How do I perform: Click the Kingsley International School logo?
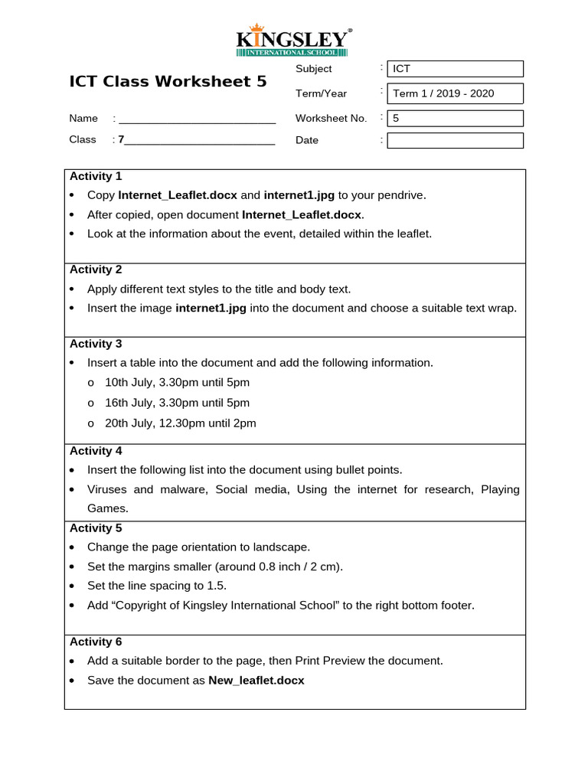pos(294,41)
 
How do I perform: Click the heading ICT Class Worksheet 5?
pos(168,81)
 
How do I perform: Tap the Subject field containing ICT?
pos(455,69)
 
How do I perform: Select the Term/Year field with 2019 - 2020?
pos(455,93)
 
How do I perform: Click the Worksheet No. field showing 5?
pos(455,118)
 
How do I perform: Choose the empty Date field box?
pos(455,140)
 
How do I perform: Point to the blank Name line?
pos(197,119)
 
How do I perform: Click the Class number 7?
pos(121,139)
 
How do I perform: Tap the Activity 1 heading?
pos(96,176)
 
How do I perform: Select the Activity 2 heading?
pos(96,269)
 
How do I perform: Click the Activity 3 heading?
pos(96,344)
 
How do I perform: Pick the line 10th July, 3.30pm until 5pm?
pos(177,382)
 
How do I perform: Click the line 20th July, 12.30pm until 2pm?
pos(180,423)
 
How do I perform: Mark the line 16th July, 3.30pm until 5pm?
pos(177,403)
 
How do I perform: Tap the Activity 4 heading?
pos(96,451)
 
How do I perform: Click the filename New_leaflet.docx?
pos(256,680)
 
